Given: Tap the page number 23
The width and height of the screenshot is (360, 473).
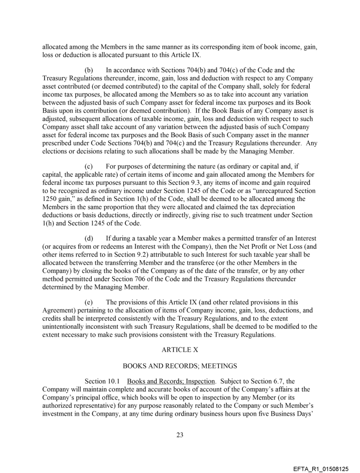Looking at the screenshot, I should pos(180,435).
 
